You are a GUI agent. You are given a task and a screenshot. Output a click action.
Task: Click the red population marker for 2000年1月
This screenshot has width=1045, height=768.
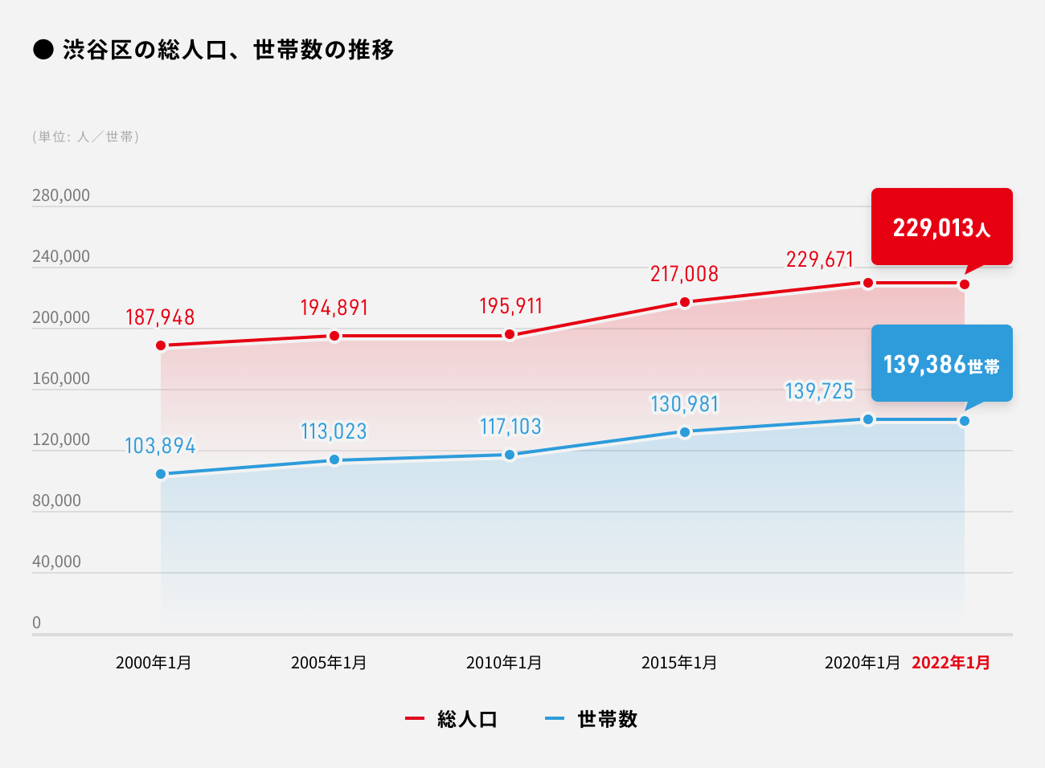click(x=161, y=345)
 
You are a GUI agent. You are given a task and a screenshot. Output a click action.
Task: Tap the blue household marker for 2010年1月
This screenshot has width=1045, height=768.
click(x=510, y=455)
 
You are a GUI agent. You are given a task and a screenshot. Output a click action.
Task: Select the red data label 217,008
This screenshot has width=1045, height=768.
click(x=684, y=274)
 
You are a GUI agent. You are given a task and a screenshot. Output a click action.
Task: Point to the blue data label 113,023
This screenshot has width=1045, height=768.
click(x=334, y=431)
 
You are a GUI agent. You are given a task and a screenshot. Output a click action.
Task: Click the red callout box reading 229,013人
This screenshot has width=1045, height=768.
click(x=941, y=227)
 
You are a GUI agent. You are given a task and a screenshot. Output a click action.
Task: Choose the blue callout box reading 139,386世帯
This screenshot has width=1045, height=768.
click(x=941, y=364)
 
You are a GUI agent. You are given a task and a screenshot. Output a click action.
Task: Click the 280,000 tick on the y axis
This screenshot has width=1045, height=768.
click(x=61, y=195)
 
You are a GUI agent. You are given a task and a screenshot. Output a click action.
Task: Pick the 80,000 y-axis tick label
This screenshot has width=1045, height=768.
click(x=56, y=500)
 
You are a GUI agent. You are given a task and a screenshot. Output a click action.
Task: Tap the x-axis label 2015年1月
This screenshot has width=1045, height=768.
click(x=678, y=663)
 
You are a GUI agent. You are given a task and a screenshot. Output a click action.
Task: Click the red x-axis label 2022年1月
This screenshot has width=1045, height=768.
click(x=950, y=663)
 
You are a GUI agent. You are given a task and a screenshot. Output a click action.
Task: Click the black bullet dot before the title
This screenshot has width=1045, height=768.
click(x=43, y=50)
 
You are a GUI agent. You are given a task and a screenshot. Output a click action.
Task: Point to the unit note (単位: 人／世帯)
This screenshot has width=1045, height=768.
click(x=86, y=137)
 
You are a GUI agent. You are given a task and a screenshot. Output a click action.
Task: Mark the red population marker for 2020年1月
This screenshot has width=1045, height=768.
click(x=868, y=283)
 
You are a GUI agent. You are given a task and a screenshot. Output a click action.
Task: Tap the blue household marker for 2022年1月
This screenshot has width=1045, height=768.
click(x=965, y=421)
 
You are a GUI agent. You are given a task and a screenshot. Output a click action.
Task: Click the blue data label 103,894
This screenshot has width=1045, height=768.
click(x=160, y=446)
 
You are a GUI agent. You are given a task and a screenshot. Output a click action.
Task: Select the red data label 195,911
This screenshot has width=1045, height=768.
click(x=510, y=306)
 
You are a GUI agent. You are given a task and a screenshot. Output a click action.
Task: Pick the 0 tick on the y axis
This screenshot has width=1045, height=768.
click(x=36, y=623)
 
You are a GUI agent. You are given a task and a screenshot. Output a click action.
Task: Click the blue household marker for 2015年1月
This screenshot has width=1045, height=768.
click(x=685, y=432)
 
